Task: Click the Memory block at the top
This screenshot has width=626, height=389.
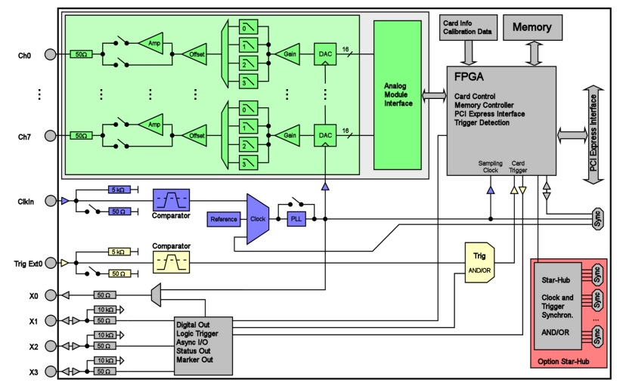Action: (x=532, y=28)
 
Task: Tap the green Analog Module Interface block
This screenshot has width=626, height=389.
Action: (x=398, y=94)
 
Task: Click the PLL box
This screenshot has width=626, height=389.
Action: (x=295, y=218)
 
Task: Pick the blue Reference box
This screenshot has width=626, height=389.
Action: (x=223, y=218)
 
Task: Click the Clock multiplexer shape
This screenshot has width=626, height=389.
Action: (x=259, y=218)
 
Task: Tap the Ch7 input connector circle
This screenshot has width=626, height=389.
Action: (x=51, y=136)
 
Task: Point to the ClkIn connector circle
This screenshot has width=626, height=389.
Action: (x=51, y=201)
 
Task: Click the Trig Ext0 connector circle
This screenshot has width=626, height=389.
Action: (x=51, y=263)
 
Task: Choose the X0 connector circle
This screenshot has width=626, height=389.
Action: (x=51, y=295)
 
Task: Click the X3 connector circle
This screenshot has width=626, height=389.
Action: (x=51, y=372)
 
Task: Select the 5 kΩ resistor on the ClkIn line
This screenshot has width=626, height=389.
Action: (x=119, y=190)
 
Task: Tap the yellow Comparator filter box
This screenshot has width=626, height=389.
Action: (x=171, y=262)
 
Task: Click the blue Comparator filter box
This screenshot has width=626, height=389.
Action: (x=171, y=200)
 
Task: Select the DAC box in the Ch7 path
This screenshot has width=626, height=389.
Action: (x=326, y=136)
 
